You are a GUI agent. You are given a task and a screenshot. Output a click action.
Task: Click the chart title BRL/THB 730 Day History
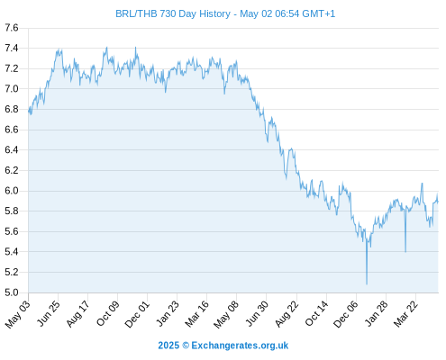pos(173,13)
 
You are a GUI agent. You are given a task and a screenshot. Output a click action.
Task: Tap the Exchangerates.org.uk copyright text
pos(223,346)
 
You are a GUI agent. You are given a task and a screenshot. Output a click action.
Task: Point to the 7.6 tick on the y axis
pos(12,28)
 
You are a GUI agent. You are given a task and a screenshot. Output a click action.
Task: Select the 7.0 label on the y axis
pos(12,89)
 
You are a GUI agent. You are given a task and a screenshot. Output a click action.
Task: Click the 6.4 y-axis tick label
pos(12,149)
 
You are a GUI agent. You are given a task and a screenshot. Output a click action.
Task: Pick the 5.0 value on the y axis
pos(12,292)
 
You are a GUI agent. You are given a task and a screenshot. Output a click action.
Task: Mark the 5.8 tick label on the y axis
pos(12,211)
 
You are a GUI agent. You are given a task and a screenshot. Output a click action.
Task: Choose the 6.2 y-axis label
pos(12,170)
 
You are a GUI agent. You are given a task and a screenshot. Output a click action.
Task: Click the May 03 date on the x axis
pos(18,314)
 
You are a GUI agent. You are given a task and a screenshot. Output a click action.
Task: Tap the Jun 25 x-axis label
pos(49,313)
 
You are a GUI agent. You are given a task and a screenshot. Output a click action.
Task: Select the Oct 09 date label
pos(108,313)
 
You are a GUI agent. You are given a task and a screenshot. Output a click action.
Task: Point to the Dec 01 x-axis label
pos(137,314)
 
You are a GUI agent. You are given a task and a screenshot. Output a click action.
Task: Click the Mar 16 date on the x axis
pos(197,313)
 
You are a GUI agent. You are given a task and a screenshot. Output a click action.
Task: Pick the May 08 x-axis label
pos(226,314)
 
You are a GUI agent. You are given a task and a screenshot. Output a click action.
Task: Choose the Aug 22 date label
pos(287,313)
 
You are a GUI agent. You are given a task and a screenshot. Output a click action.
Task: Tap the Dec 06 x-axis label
pos(346,314)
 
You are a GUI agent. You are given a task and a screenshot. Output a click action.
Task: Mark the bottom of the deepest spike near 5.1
pos(367,283)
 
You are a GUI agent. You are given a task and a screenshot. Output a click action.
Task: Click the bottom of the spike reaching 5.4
pos(405,252)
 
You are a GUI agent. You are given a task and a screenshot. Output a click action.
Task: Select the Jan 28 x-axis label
pos(377,313)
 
